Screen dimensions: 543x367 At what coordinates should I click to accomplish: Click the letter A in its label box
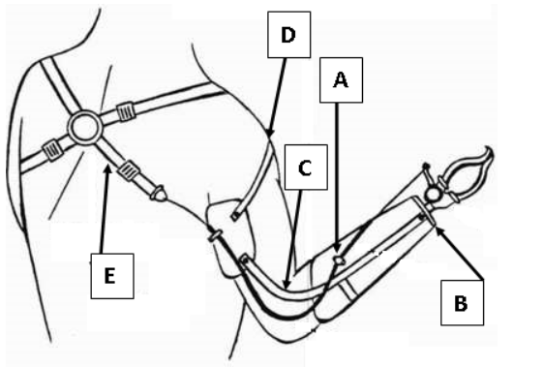tap(341, 80)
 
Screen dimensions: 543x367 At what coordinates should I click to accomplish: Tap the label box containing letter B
tap(462, 303)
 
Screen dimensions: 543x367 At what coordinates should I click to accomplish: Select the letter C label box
tap(306, 168)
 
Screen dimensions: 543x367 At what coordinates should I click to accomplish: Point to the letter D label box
tap(288, 34)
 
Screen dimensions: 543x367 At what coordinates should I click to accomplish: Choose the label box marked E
tap(112, 276)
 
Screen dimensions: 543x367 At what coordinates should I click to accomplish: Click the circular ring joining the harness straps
tap(85, 128)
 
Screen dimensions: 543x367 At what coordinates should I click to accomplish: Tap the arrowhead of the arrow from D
tap(270, 134)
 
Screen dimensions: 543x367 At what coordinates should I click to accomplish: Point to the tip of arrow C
tap(287, 285)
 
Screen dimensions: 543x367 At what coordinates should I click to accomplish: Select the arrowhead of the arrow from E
tap(107, 168)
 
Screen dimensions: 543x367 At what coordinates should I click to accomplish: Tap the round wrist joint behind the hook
tap(433, 194)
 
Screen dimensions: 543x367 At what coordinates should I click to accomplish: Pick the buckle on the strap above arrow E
tap(129, 170)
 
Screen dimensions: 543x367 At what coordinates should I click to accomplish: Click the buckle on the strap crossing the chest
tap(125, 111)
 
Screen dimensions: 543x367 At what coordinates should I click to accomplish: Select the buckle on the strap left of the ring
tap(52, 150)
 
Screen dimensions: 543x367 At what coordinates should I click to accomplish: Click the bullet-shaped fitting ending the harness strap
tap(159, 194)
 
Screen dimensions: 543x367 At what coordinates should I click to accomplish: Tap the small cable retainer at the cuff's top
tap(215, 235)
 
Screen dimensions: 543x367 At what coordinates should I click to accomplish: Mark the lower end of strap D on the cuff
tap(235, 216)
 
